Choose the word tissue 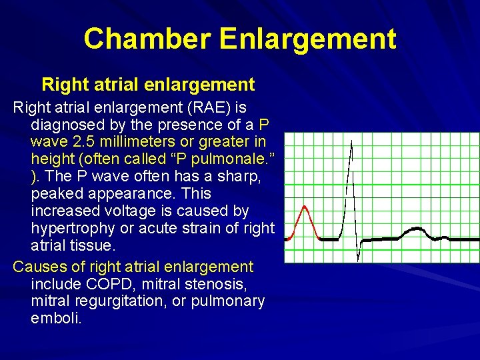point(95,246)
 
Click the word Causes point(40,267)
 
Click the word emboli point(56,319)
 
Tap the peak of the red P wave point(306,207)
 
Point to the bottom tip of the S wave point(358,260)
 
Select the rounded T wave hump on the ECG point(413,230)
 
